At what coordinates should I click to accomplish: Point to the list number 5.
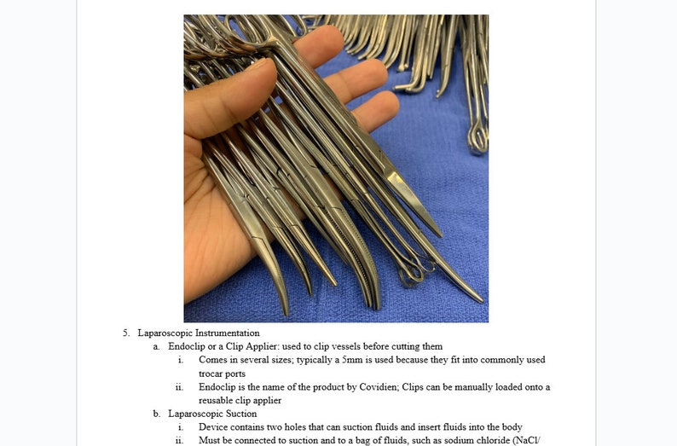coord(125,333)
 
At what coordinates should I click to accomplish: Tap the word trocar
coord(211,374)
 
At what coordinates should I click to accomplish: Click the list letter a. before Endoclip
coord(157,346)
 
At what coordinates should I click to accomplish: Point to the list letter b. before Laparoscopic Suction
coord(157,414)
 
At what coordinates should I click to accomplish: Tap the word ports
coord(235,374)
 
